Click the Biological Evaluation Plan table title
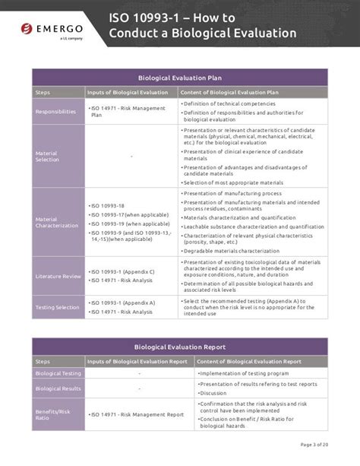coord(180,78)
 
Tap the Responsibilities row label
coord(55,111)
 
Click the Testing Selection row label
coord(58,307)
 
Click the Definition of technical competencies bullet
coord(229,103)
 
